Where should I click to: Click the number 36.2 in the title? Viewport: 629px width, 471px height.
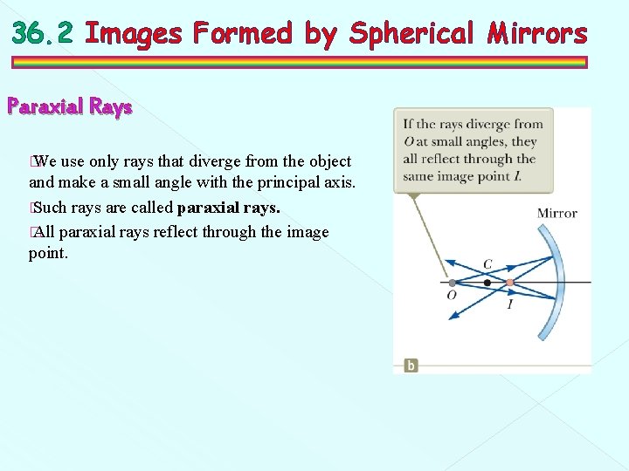[x=45, y=34]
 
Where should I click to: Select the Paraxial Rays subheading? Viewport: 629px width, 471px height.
[x=70, y=107]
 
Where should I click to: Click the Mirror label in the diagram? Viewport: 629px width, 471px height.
[x=556, y=213]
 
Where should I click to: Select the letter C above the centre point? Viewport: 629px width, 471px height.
[x=487, y=264]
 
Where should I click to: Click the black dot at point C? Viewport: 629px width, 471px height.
[x=487, y=283]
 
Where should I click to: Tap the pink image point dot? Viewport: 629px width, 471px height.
[x=509, y=283]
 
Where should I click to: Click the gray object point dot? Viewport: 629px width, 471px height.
[x=452, y=283]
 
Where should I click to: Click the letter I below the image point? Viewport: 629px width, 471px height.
[x=510, y=304]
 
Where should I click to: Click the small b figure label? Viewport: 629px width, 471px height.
[x=411, y=365]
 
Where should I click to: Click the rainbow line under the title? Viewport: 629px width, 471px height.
[x=299, y=63]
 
